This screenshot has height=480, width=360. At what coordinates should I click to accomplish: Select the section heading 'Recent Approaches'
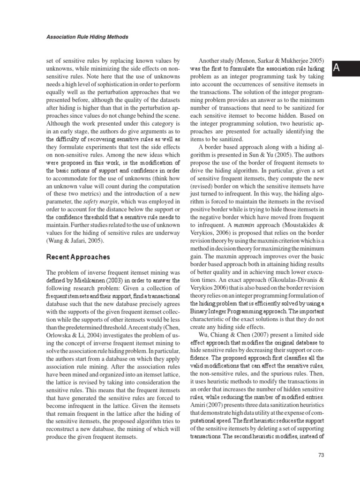tap(78, 257)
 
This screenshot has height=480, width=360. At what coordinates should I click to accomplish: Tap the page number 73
tap(321, 455)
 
